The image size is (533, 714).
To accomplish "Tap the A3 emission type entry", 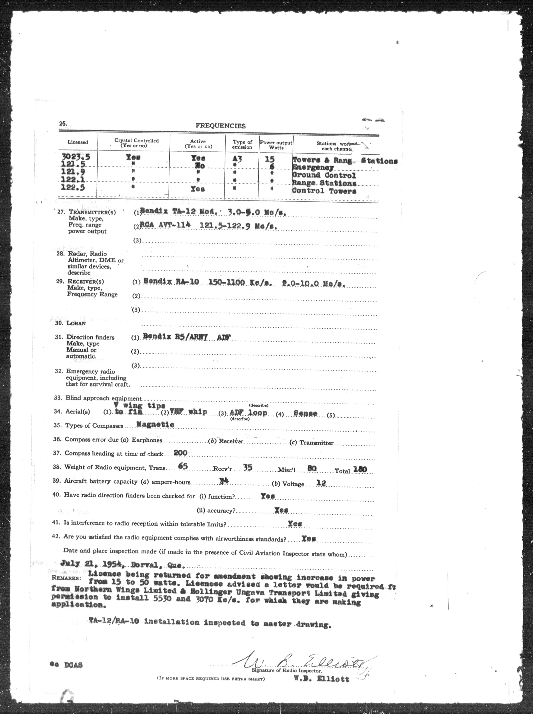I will (237, 159).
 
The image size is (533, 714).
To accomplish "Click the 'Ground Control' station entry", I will (324, 176).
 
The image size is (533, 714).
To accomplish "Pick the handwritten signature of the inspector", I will (303, 660).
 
